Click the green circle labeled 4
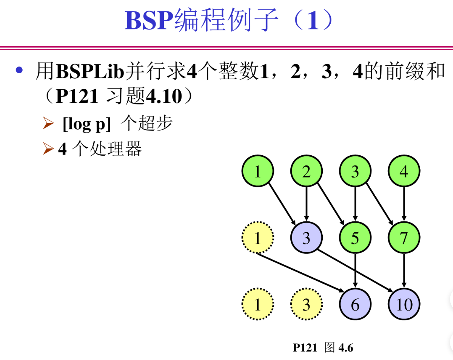click(x=404, y=171)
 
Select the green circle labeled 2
click(x=307, y=171)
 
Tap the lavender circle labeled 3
click(x=307, y=237)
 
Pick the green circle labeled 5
click(x=355, y=237)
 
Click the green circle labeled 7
click(x=404, y=237)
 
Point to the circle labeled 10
click(x=404, y=304)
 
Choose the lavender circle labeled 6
click(x=355, y=304)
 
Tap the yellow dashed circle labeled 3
click(x=307, y=304)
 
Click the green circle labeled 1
click(x=258, y=171)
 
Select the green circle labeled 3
click(x=355, y=171)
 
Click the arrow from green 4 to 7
click(x=404, y=204)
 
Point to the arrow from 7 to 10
click(x=404, y=270)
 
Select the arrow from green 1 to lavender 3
click(x=282, y=204)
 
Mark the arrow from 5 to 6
click(x=355, y=270)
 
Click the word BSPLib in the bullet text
click(x=90, y=71)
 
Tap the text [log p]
click(x=87, y=124)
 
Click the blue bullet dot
click(x=19, y=70)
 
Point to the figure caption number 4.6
click(x=346, y=348)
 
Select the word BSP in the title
click(x=149, y=20)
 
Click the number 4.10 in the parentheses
click(x=164, y=96)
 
